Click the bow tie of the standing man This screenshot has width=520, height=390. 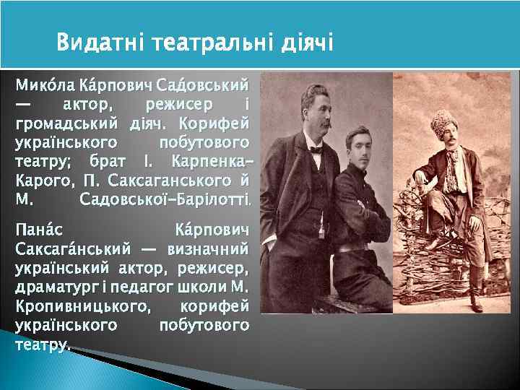[x=315, y=150]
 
